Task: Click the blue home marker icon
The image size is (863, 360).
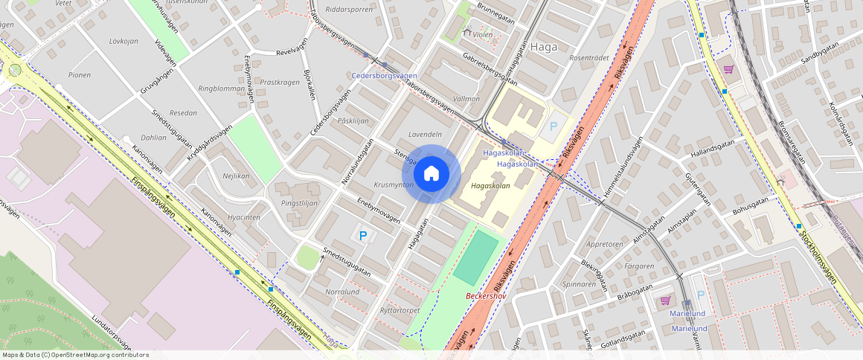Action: coord(431,174)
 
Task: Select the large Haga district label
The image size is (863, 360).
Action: coord(545,46)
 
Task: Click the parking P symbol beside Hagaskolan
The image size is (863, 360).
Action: coord(553,127)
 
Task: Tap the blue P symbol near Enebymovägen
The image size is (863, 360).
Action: coord(363,236)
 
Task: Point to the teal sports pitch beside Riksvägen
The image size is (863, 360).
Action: coord(476,257)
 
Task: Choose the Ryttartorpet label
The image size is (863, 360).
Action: coord(400,310)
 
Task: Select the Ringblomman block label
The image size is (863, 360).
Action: coord(221,89)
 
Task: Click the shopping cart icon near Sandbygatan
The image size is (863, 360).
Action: coord(728,68)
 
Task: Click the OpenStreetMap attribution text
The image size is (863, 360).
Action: coord(74,355)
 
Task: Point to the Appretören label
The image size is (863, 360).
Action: coord(604,244)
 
